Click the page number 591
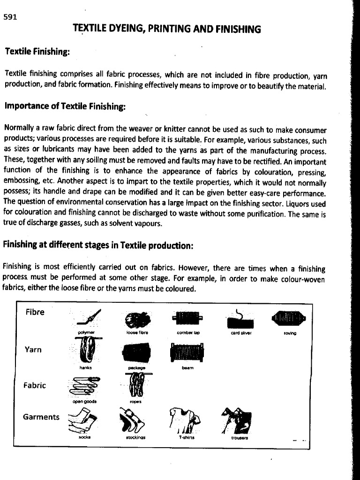10,17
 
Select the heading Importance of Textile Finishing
65,106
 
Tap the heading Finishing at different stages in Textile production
97,245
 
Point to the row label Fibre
35,312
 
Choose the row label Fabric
35,385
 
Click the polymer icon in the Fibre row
89,318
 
